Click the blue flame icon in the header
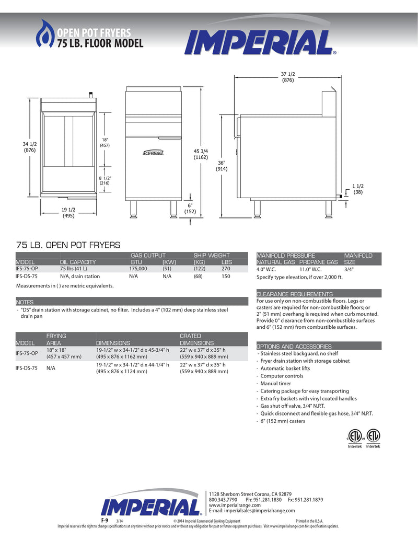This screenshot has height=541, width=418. click(44, 34)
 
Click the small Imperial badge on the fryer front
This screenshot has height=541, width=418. click(154, 153)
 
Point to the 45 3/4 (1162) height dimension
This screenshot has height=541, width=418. click(201, 154)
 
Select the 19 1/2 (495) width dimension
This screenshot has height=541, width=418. click(68, 212)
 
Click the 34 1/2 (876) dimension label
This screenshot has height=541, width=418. click(29, 147)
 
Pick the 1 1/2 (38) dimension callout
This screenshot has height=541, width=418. click(357, 189)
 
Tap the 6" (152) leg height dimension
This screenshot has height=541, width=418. click(190, 208)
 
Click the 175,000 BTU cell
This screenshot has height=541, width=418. click(138, 268)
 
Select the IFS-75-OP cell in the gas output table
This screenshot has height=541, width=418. click(27, 268)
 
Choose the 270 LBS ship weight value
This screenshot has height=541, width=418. click(226, 268)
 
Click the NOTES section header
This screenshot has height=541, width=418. click(25, 302)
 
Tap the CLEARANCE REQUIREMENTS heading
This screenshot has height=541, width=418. click(295, 294)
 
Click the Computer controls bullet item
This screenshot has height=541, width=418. click(282, 376)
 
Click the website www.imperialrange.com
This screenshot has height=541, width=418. click(235, 505)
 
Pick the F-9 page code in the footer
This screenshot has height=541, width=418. click(104, 521)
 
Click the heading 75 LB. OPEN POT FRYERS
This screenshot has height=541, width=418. click(68, 245)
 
